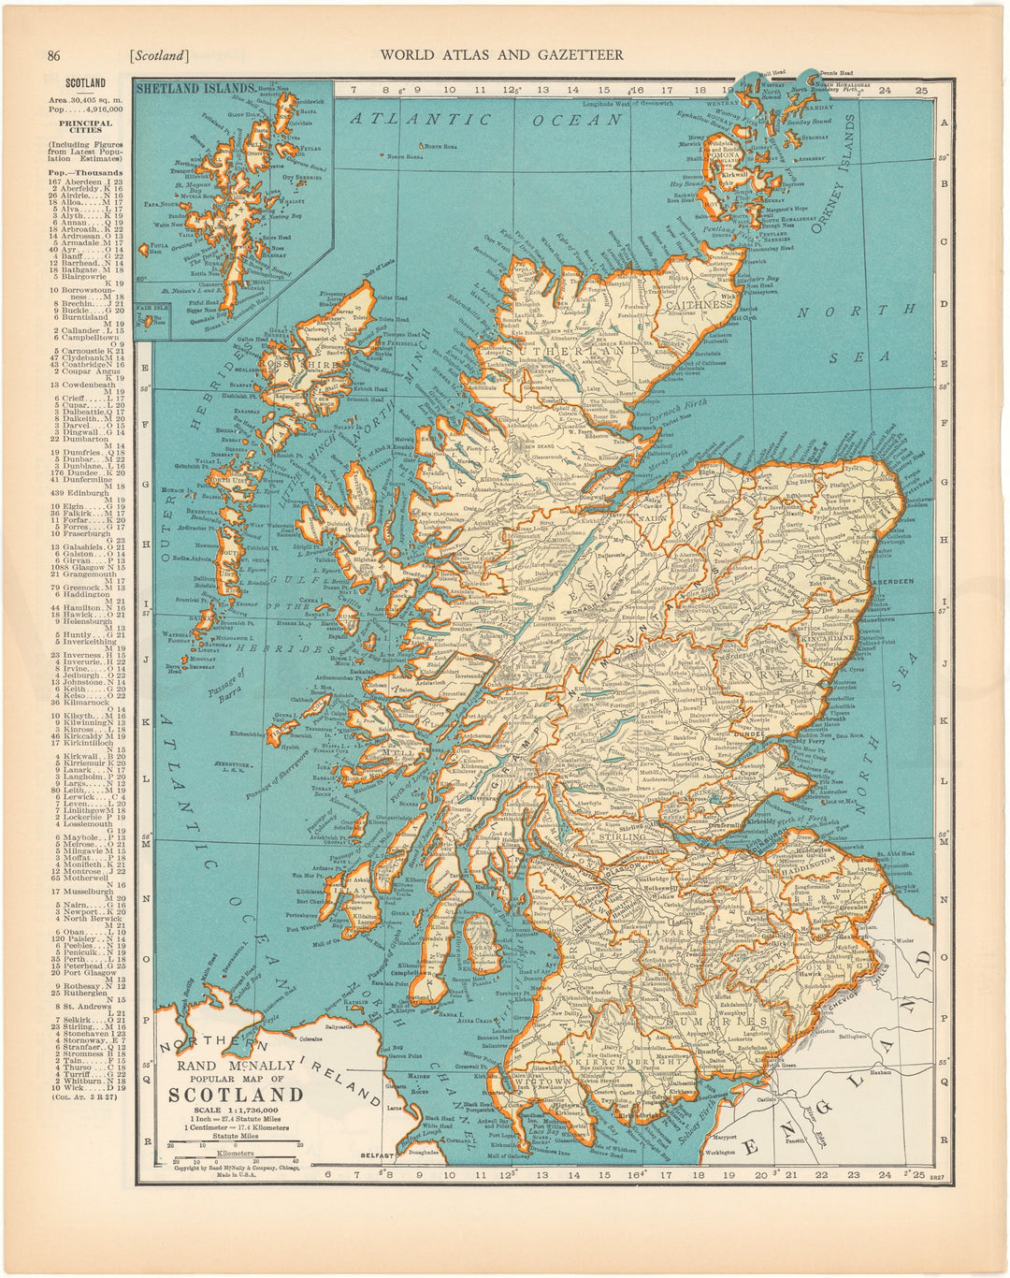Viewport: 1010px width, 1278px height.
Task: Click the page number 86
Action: click(54, 55)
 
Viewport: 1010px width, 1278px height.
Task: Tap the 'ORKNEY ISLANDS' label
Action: click(835, 177)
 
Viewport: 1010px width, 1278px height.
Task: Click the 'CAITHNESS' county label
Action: click(697, 305)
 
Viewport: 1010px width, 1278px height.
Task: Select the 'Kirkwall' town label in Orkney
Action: click(735, 175)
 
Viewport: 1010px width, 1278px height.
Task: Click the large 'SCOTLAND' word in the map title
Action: click(236, 1095)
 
